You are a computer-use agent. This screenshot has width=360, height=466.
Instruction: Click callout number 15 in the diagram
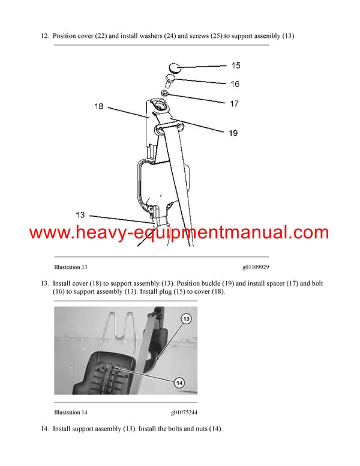(235, 65)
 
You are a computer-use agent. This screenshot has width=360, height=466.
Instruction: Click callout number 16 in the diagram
(235, 84)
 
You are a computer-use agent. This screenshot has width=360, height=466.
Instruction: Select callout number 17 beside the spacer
(235, 103)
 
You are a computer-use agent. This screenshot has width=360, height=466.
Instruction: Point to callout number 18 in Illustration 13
(98, 106)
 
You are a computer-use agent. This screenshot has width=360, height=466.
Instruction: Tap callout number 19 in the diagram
(233, 133)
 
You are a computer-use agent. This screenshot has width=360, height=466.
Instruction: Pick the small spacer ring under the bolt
(164, 94)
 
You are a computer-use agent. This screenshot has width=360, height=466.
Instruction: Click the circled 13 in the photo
(186, 319)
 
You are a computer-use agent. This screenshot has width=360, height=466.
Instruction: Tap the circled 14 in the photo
(178, 382)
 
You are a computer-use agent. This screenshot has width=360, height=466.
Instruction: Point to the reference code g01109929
(256, 267)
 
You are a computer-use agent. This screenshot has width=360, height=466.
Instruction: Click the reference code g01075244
(184, 413)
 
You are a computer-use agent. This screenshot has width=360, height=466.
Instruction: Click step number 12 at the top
(44, 36)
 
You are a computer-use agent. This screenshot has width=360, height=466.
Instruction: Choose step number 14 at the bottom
(44, 429)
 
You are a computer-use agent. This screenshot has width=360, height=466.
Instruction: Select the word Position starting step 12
(67, 36)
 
